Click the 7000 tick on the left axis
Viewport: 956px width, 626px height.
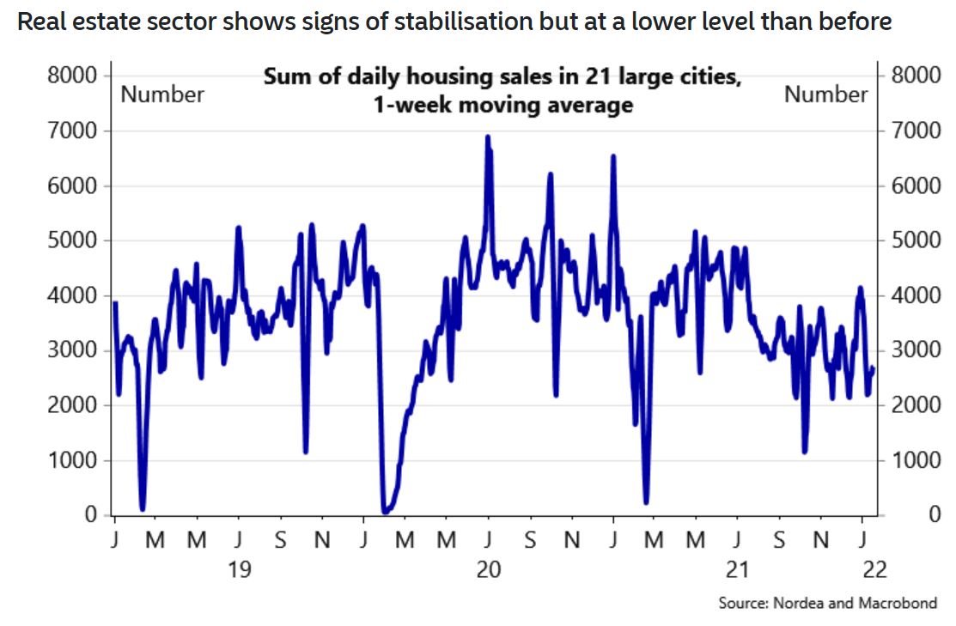(76, 131)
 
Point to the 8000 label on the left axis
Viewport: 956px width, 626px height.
(76, 76)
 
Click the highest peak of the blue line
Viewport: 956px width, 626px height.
(488, 137)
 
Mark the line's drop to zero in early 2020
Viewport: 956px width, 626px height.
(385, 511)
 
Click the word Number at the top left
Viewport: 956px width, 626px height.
(162, 94)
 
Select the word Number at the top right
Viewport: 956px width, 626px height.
(826, 94)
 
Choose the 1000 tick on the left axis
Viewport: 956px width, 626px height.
(76, 459)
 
